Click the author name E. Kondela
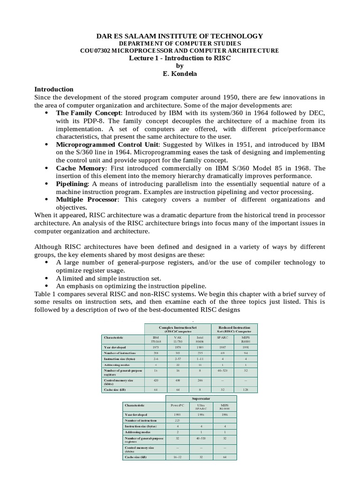(x=180, y=74)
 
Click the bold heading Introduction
(x=54, y=89)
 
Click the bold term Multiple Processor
(x=87, y=200)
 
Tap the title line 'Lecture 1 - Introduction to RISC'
(x=180, y=58)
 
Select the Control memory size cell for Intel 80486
(x=200, y=381)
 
